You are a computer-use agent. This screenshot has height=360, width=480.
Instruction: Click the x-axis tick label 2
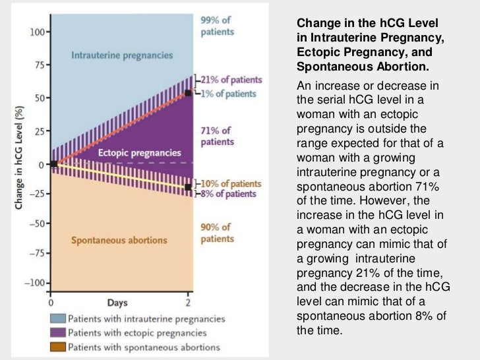[189, 304]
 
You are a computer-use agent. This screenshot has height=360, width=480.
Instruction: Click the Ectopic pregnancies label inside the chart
[130, 153]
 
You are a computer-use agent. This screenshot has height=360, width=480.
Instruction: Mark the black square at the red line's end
[189, 93]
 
